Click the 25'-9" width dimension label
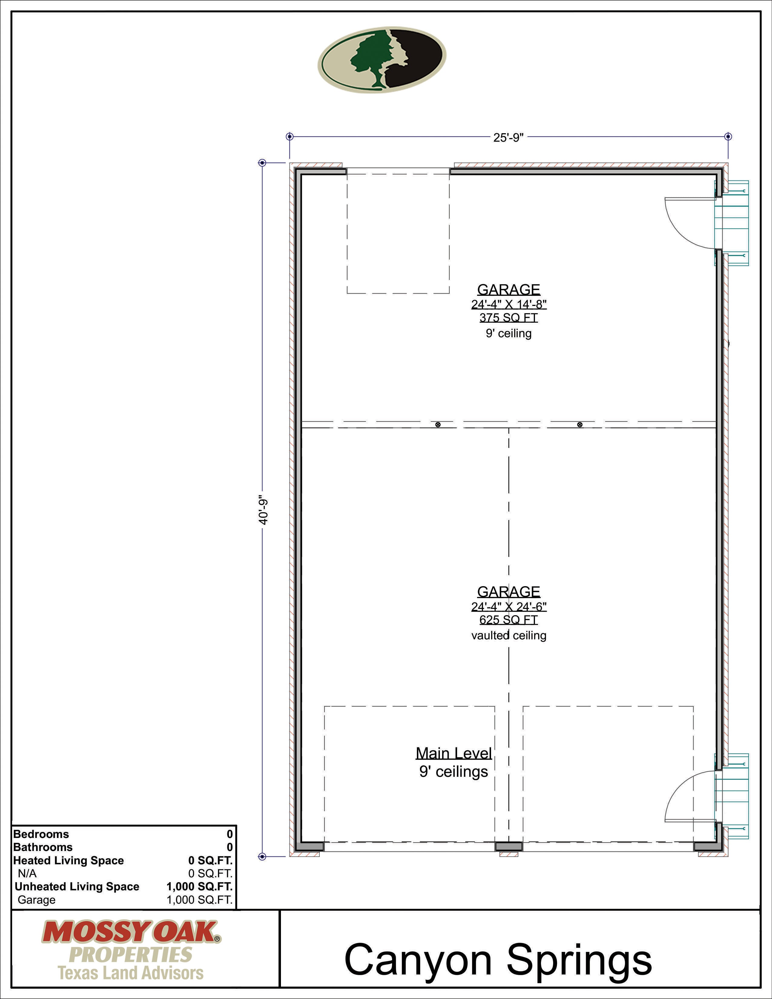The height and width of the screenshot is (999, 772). click(508, 138)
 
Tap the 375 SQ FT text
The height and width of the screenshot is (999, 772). click(509, 318)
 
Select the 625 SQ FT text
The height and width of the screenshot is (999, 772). click(509, 620)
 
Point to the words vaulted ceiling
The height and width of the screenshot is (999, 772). click(509, 635)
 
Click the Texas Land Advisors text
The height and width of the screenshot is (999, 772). click(131, 973)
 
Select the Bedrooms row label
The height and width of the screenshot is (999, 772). click(41, 834)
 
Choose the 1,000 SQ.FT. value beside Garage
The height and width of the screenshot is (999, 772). click(200, 900)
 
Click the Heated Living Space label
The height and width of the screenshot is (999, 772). click(69, 860)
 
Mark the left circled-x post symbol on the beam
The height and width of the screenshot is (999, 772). click(438, 424)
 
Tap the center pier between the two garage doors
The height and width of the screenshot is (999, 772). click(509, 847)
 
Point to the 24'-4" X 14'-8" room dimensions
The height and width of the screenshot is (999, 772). click(509, 304)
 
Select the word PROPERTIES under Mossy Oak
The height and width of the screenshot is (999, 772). click(131, 954)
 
